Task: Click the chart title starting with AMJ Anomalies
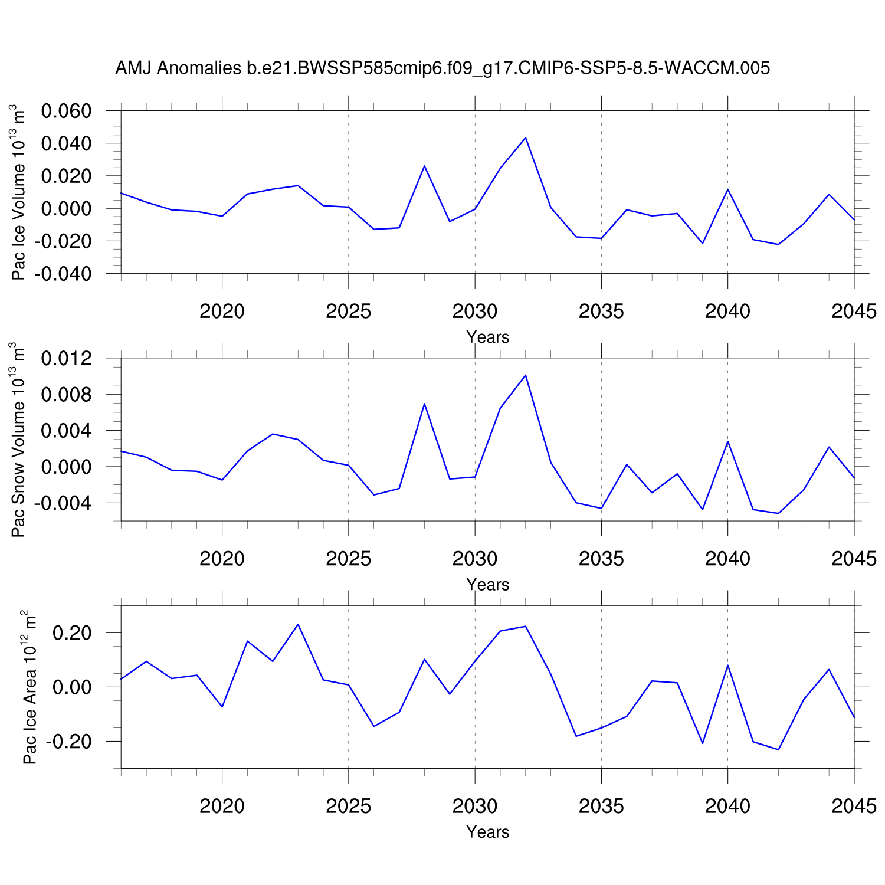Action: click(x=442, y=68)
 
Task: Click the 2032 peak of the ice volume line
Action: click(x=525, y=137)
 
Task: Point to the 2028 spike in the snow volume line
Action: click(x=424, y=404)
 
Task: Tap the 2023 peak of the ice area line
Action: click(x=298, y=624)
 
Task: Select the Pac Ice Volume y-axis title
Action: click(x=19, y=192)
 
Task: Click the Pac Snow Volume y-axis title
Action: click(x=19, y=440)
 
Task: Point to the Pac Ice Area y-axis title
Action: click(x=29, y=687)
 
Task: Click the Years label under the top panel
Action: click(x=487, y=337)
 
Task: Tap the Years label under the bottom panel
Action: click(x=487, y=832)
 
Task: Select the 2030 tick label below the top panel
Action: click(x=475, y=312)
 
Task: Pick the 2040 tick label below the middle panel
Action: click(x=727, y=559)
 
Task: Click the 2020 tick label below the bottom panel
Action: click(x=222, y=806)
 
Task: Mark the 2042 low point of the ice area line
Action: click(x=778, y=750)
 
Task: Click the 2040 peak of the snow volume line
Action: click(x=727, y=441)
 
